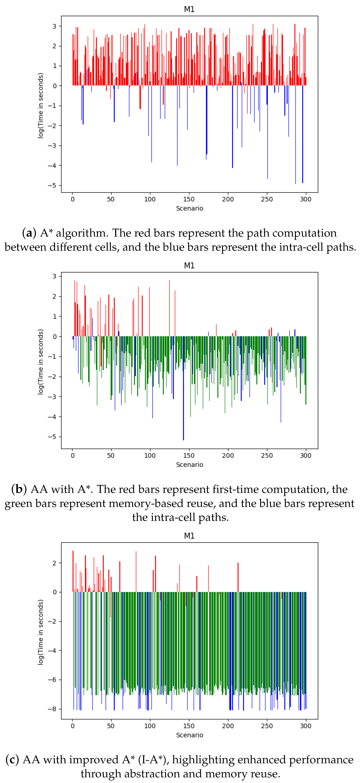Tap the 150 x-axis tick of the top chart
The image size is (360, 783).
coord(189,199)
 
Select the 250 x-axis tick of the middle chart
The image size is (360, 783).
coord(267,456)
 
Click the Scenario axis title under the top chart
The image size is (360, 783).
coord(189,208)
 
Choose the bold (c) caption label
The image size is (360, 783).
coord(12,760)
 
